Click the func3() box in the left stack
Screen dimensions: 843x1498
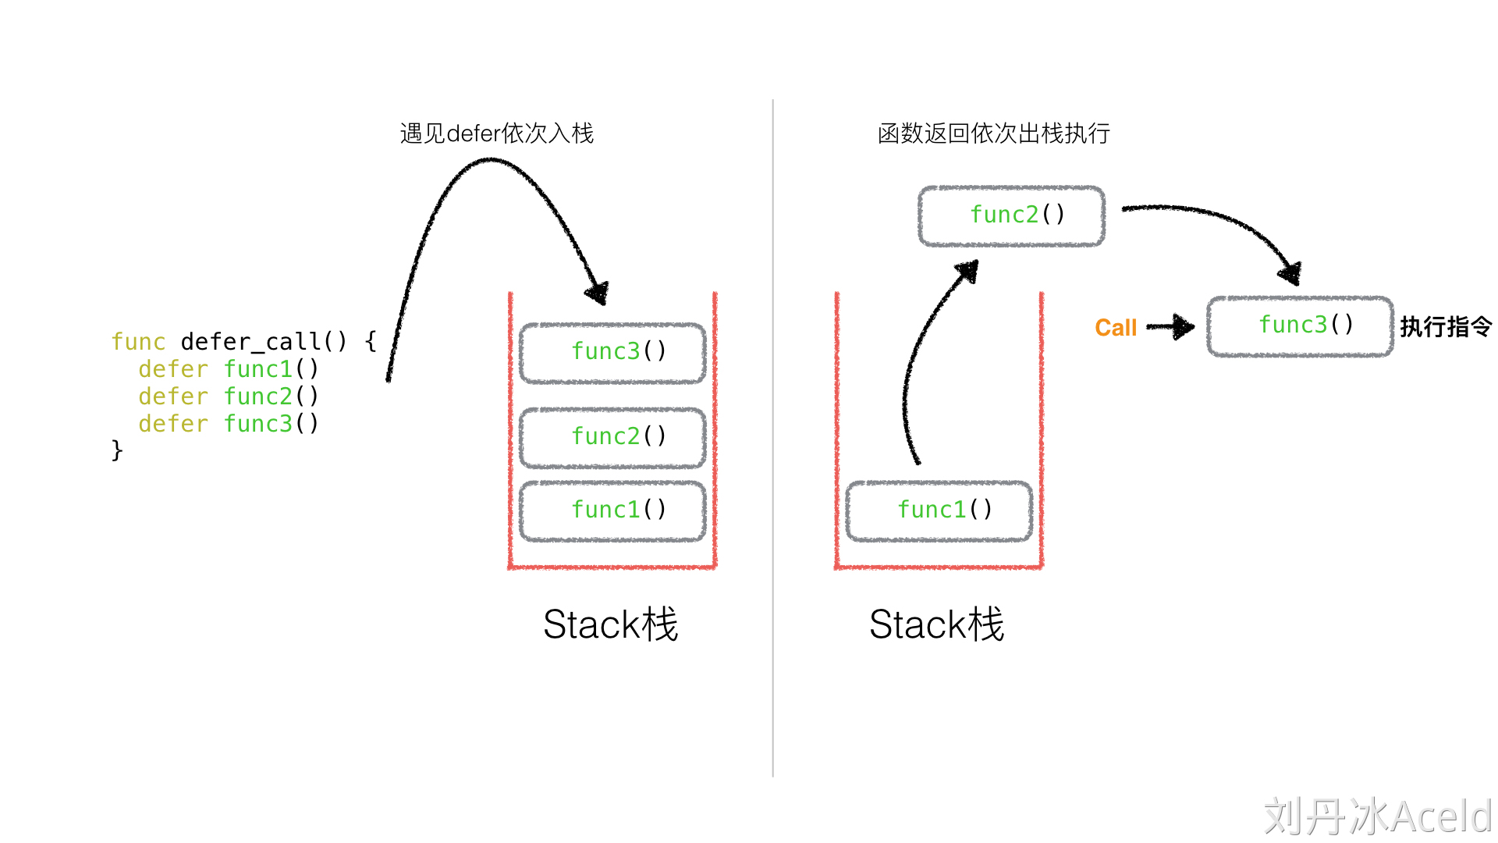pyautogui.click(x=613, y=353)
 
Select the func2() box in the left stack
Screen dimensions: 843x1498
pyautogui.click(x=613, y=437)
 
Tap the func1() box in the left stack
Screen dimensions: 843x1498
pyautogui.click(x=613, y=510)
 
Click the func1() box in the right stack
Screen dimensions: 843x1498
pyautogui.click(x=939, y=510)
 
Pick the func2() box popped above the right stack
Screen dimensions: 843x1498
pyautogui.click(x=1012, y=215)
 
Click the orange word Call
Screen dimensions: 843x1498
pyautogui.click(x=1116, y=328)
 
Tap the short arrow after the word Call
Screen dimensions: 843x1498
pyautogui.click(x=1172, y=327)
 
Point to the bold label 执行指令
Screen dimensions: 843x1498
pyautogui.click(x=1446, y=327)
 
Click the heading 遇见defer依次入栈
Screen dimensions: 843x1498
pyautogui.click(x=497, y=133)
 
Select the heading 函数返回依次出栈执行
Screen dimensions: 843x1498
pyautogui.click(x=994, y=133)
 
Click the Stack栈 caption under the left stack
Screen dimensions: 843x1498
pyautogui.click(x=611, y=624)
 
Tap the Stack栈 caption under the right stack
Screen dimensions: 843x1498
pyautogui.click(x=937, y=624)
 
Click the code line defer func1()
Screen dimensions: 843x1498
pyautogui.click(x=229, y=369)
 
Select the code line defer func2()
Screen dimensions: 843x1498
pyautogui.click(x=229, y=397)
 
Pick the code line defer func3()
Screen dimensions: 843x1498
pyautogui.click(x=229, y=424)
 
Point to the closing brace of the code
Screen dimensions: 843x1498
pyautogui.click(x=117, y=450)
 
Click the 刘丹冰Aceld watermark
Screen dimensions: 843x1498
pyautogui.click(x=1378, y=816)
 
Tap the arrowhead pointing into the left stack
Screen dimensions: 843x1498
pyautogui.click(x=598, y=293)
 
